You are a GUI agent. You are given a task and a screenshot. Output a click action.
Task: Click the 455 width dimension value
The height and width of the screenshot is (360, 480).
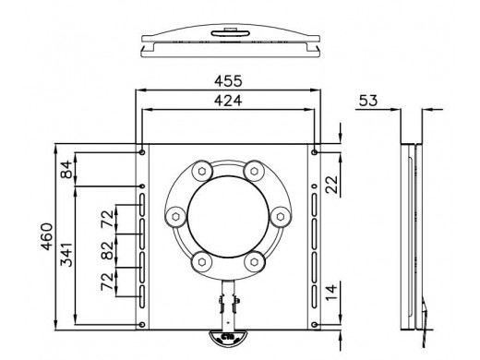click(x=228, y=81)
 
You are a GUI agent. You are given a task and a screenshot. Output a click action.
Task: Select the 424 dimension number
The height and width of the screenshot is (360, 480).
click(x=228, y=101)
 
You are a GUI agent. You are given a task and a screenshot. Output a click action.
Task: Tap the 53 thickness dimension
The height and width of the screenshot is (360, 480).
click(x=368, y=101)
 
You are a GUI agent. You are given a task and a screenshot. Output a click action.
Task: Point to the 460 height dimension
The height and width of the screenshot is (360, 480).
click(x=47, y=236)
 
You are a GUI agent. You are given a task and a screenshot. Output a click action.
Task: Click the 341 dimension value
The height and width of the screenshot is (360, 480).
click(x=66, y=254)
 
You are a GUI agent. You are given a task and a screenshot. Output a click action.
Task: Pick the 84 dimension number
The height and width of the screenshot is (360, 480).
click(x=66, y=170)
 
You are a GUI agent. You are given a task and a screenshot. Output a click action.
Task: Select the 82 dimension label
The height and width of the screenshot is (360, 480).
click(x=107, y=250)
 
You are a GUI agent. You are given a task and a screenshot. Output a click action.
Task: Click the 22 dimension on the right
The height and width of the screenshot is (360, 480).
click(x=331, y=185)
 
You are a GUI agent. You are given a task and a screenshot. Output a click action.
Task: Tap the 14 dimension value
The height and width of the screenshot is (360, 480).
click(x=331, y=293)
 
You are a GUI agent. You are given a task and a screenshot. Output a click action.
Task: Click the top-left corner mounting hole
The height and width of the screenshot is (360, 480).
click(x=142, y=152)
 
